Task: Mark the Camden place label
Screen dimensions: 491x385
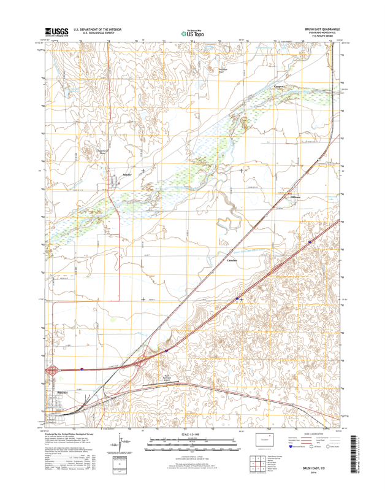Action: point(232,260)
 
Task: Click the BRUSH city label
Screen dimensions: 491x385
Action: point(61,391)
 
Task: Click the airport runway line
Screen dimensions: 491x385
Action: point(161,383)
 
